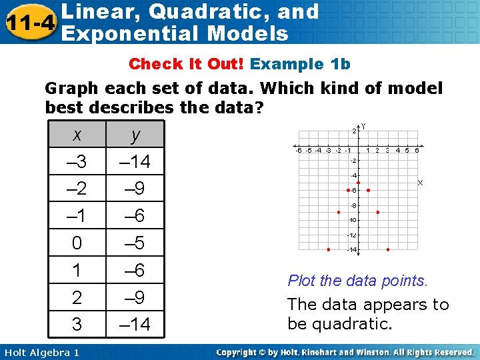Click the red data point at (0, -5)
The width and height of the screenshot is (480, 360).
click(x=358, y=182)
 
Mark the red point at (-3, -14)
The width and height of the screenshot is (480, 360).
click(x=328, y=249)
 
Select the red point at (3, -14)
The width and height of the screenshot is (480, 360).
click(x=388, y=249)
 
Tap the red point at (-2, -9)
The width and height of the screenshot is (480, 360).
click(x=338, y=212)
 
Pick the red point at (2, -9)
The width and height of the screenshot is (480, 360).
click(x=378, y=212)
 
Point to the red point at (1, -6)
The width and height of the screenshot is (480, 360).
click(x=368, y=190)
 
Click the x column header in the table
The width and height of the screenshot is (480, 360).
click(x=77, y=135)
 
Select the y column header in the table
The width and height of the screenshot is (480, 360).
click(x=135, y=135)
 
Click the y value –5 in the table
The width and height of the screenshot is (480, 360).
click(x=135, y=243)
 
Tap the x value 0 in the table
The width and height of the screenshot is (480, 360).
click(x=77, y=243)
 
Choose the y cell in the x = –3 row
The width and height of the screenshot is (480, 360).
click(x=135, y=161)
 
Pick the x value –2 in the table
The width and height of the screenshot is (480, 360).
click(x=77, y=189)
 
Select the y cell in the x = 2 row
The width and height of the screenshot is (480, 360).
click(x=135, y=297)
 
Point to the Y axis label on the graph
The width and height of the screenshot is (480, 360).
click(x=363, y=125)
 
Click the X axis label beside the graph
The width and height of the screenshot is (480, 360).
click(x=420, y=182)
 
